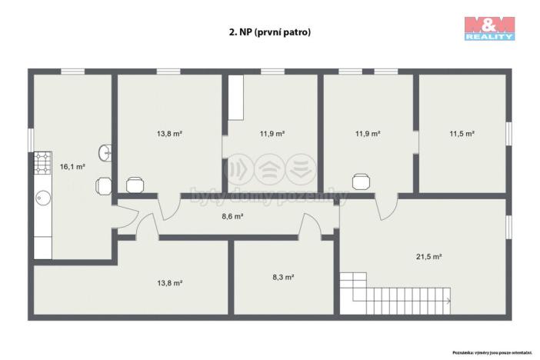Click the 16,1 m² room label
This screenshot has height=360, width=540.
[x=73, y=165]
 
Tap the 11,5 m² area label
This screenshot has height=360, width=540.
[x=462, y=133]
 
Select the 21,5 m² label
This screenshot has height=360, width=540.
[x=429, y=256]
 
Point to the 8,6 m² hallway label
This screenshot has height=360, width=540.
[x=232, y=217]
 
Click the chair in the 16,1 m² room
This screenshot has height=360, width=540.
[x=104, y=185]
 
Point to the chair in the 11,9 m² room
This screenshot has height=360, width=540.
[x=360, y=182]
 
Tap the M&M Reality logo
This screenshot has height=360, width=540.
[x=488, y=27]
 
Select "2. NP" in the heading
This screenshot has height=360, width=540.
[x=238, y=32]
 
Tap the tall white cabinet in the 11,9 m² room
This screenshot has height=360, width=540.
[x=235, y=98]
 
